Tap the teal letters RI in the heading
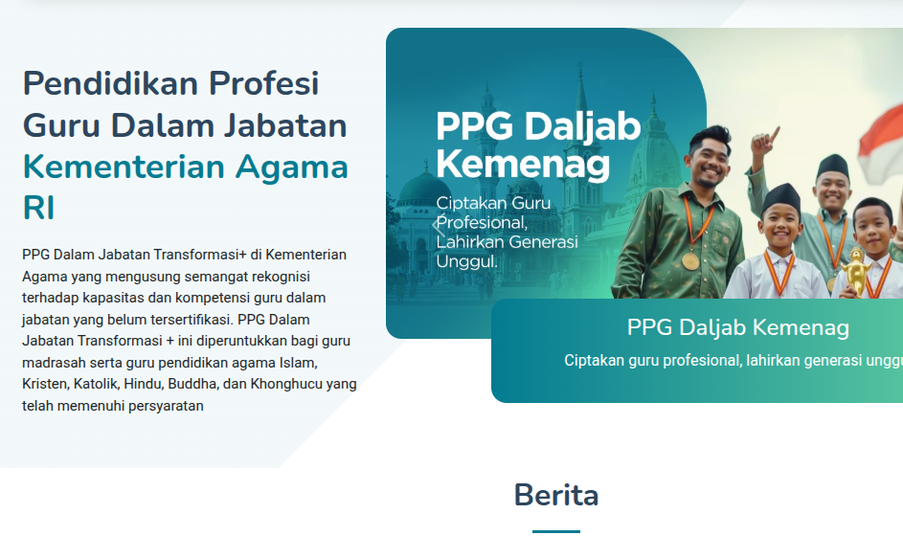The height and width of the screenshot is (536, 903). pos(39,209)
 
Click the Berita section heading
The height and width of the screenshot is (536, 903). pos(556,495)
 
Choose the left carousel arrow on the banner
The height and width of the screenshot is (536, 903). pos(438,227)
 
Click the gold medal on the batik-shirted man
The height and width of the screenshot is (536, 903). pos(690,259)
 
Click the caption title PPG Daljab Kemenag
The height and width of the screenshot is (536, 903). pos(737,328)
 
